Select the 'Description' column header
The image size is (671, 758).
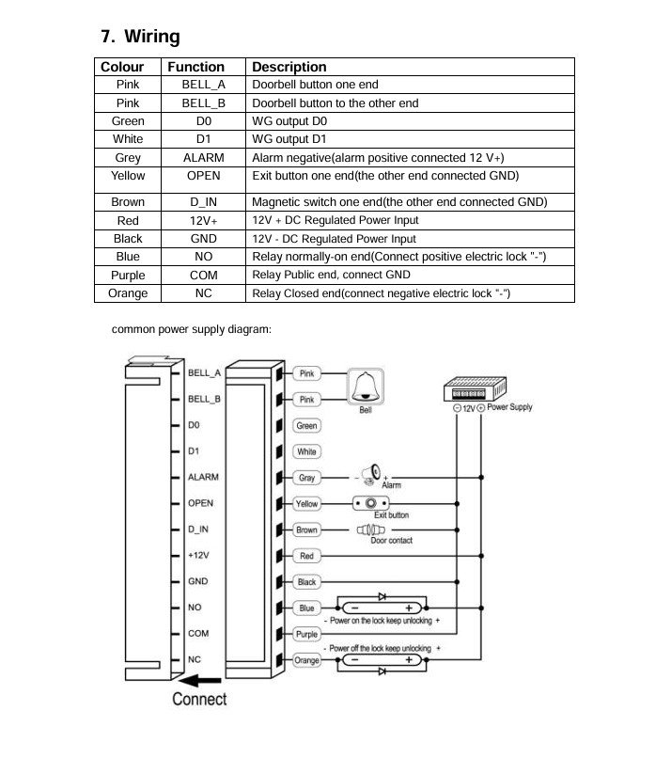(x=289, y=67)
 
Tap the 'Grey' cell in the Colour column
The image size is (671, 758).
(x=128, y=158)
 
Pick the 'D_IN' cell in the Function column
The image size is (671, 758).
(x=203, y=202)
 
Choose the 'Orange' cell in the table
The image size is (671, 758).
(x=128, y=293)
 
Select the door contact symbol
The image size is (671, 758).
(x=374, y=529)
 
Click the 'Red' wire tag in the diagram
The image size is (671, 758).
(x=307, y=557)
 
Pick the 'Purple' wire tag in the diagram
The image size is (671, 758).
(x=307, y=635)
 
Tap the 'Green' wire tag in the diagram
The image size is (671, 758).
(x=307, y=426)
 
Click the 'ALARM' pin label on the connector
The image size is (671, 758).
(x=203, y=478)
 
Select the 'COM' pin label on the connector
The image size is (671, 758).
(x=198, y=634)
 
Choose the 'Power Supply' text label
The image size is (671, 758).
(x=510, y=407)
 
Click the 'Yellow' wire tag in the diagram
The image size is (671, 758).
(x=307, y=504)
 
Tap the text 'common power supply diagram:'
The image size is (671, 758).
(x=191, y=329)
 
